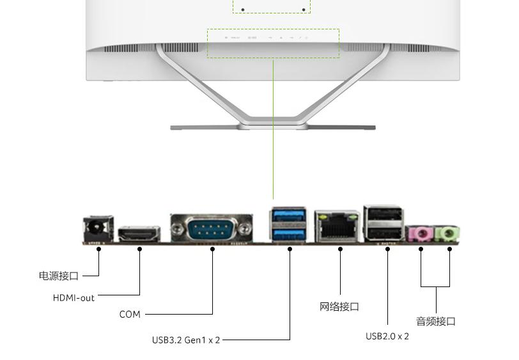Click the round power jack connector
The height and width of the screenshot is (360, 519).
[x=98, y=228]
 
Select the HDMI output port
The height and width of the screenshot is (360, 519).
[x=139, y=234]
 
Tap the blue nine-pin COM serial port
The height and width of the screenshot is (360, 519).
[x=212, y=228]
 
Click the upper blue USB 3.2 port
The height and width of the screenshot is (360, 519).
[x=288, y=215]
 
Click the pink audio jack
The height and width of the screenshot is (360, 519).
[x=421, y=234]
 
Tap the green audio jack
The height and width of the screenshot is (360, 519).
[x=449, y=233]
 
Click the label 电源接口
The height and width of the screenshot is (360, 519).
[x=59, y=276]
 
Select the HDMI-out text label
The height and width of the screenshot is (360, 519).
[x=74, y=298]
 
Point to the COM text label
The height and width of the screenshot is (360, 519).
[x=130, y=314]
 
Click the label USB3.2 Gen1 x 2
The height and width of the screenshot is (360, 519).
[x=186, y=340]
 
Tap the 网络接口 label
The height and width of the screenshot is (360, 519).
[x=339, y=307]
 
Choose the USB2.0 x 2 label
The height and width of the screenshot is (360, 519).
[x=387, y=336]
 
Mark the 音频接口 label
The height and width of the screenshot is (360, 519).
[x=436, y=321]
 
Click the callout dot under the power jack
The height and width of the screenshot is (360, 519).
[x=99, y=249]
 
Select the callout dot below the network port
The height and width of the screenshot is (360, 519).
[x=340, y=249]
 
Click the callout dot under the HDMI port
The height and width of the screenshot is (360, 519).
[x=140, y=249]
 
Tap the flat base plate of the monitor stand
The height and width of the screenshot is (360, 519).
[x=273, y=127]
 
